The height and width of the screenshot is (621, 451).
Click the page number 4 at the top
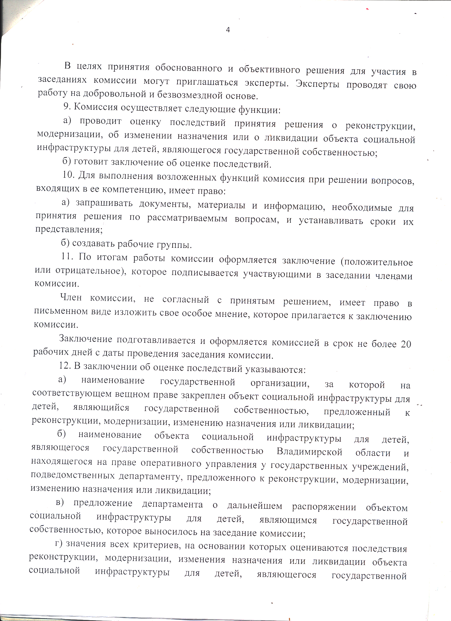[x=228, y=30]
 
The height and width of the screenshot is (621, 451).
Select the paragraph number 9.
[x=67, y=107]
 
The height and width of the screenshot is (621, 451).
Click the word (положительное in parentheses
[x=376, y=262]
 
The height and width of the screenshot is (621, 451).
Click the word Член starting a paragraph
[x=71, y=297]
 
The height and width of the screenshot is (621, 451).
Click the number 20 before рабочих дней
[x=406, y=344]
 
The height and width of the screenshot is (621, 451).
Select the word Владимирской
[x=309, y=452]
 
